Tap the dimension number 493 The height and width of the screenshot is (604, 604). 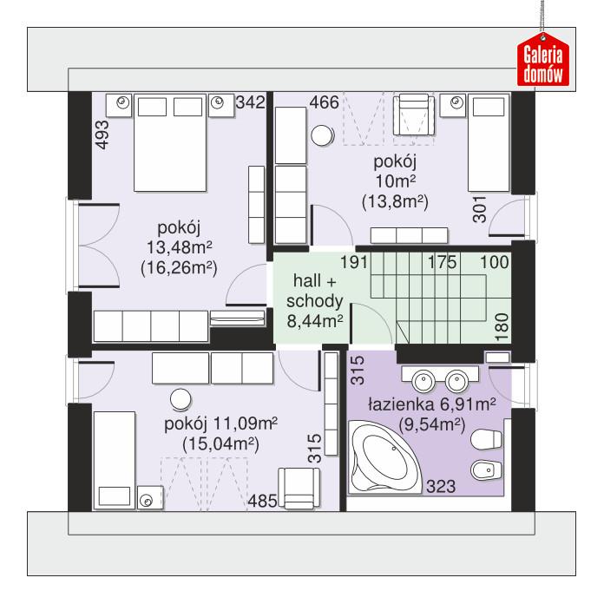point(102,137)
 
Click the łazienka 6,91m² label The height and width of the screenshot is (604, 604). point(430,404)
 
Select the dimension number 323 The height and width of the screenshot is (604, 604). point(441,487)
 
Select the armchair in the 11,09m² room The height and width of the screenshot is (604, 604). point(298,486)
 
